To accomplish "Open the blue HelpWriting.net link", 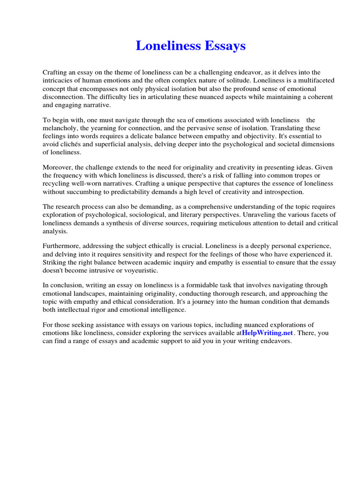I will pos(267,333).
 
